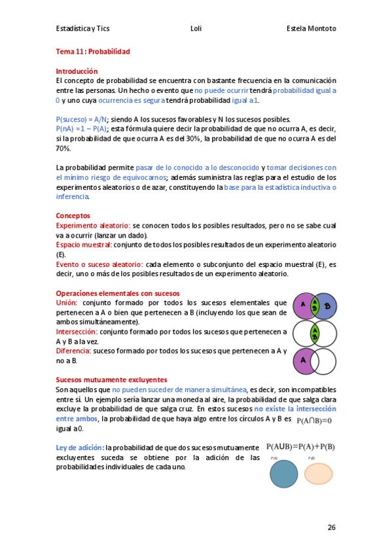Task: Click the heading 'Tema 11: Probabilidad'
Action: point(93,51)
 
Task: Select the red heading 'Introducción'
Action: point(77,71)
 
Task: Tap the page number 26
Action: point(331,527)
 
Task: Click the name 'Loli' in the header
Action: point(196,29)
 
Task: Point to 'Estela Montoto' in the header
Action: point(311,29)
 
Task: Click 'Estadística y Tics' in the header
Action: point(84,29)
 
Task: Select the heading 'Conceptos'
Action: point(73,215)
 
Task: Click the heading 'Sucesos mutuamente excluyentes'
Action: point(111,380)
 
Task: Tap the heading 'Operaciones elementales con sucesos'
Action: point(118,293)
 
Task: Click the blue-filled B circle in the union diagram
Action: point(328,306)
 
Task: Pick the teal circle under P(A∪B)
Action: point(284,474)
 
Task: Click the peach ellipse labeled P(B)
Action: point(319,473)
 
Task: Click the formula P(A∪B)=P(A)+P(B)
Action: point(300,447)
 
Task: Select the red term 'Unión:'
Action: point(67,302)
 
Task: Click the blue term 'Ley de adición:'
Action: point(80,448)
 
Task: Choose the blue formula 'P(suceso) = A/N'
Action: point(82,120)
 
